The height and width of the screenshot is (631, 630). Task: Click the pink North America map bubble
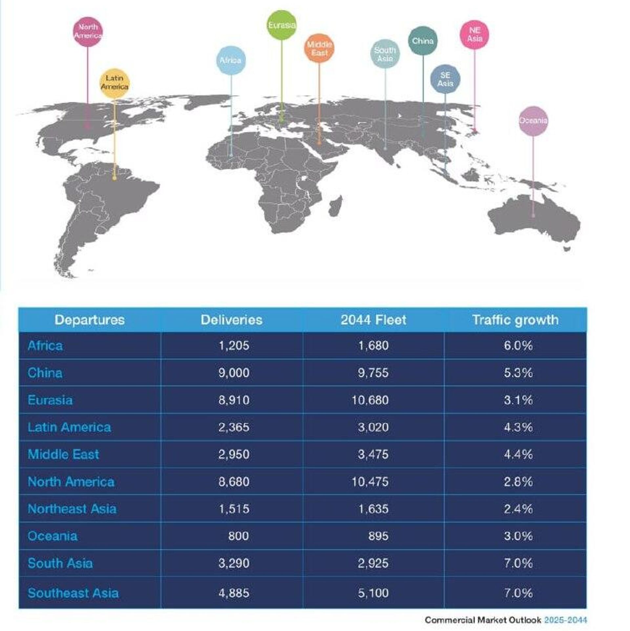point(88,32)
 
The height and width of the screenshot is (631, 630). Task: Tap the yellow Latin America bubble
point(114,83)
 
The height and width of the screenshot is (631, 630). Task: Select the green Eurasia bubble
point(282,25)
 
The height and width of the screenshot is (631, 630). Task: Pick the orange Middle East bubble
point(319,48)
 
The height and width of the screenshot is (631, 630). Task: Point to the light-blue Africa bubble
point(231,60)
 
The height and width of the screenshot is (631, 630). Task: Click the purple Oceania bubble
point(533,120)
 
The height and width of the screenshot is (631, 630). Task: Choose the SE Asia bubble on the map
point(445,79)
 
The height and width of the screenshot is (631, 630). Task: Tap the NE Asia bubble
point(474,34)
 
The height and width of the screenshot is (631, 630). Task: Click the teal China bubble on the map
point(423,41)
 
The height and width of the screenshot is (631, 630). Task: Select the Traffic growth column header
point(515,320)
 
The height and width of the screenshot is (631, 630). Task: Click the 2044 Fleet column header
point(373,320)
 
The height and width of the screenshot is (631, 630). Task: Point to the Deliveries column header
point(231,320)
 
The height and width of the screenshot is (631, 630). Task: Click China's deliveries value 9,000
point(234,373)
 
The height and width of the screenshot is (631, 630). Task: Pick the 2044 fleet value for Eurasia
point(370,400)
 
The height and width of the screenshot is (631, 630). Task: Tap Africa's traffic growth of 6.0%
point(518,346)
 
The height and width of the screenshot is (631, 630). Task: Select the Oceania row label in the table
point(52,536)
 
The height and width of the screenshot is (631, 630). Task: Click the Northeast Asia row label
point(72,509)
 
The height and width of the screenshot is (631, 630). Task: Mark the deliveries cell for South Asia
point(234,563)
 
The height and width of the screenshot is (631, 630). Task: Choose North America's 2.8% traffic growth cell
point(518,482)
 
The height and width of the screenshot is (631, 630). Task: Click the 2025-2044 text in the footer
point(565,620)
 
